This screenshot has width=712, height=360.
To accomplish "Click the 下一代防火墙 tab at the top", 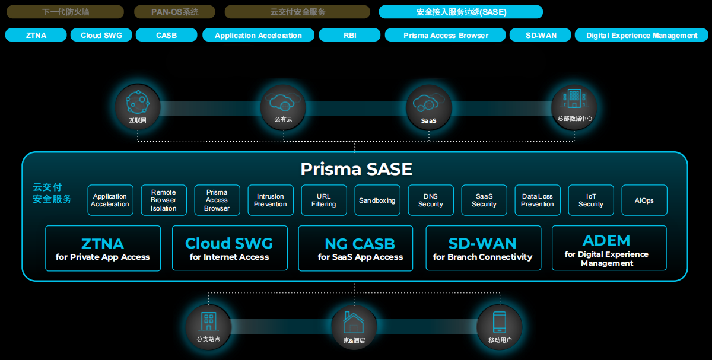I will pyautogui.click(x=65, y=12).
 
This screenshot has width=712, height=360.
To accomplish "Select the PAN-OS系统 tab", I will pyautogui.click(x=174, y=12).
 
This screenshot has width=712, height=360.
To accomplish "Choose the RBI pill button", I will pyautogui.click(x=349, y=35).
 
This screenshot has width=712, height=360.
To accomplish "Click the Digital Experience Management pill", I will pyautogui.click(x=641, y=35).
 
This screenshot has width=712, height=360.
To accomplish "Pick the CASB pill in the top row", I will pyautogui.click(x=166, y=35).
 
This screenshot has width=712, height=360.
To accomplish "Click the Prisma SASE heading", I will pyautogui.click(x=356, y=169).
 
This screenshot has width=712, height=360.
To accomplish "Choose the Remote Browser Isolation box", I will pyautogui.click(x=164, y=200).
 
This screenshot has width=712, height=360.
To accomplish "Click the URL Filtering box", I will pyautogui.click(x=324, y=200).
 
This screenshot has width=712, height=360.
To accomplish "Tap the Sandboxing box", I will pyautogui.click(x=377, y=200).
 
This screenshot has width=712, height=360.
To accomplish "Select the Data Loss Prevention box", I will pyautogui.click(x=538, y=200).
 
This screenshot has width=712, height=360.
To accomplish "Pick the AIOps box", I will pyautogui.click(x=644, y=200).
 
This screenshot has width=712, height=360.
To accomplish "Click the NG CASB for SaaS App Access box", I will pyautogui.click(x=360, y=249).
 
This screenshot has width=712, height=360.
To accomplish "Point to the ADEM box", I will pyautogui.click(x=609, y=249).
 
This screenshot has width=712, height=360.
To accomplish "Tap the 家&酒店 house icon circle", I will pyautogui.click(x=354, y=327).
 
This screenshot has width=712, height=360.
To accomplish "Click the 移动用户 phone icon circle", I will pyautogui.click(x=500, y=327).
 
